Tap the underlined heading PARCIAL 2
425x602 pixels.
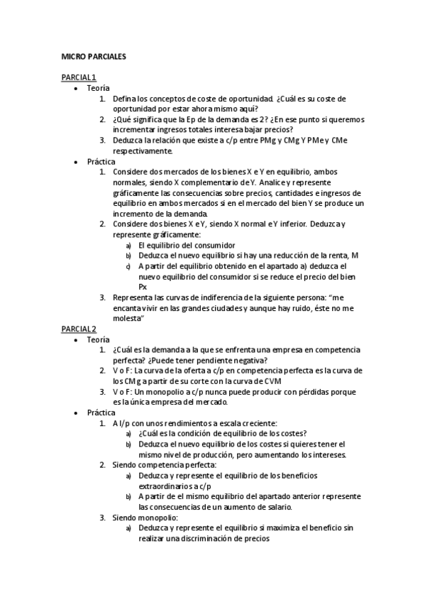(x=79, y=329)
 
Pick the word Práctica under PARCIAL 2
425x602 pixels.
(x=101, y=412)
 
